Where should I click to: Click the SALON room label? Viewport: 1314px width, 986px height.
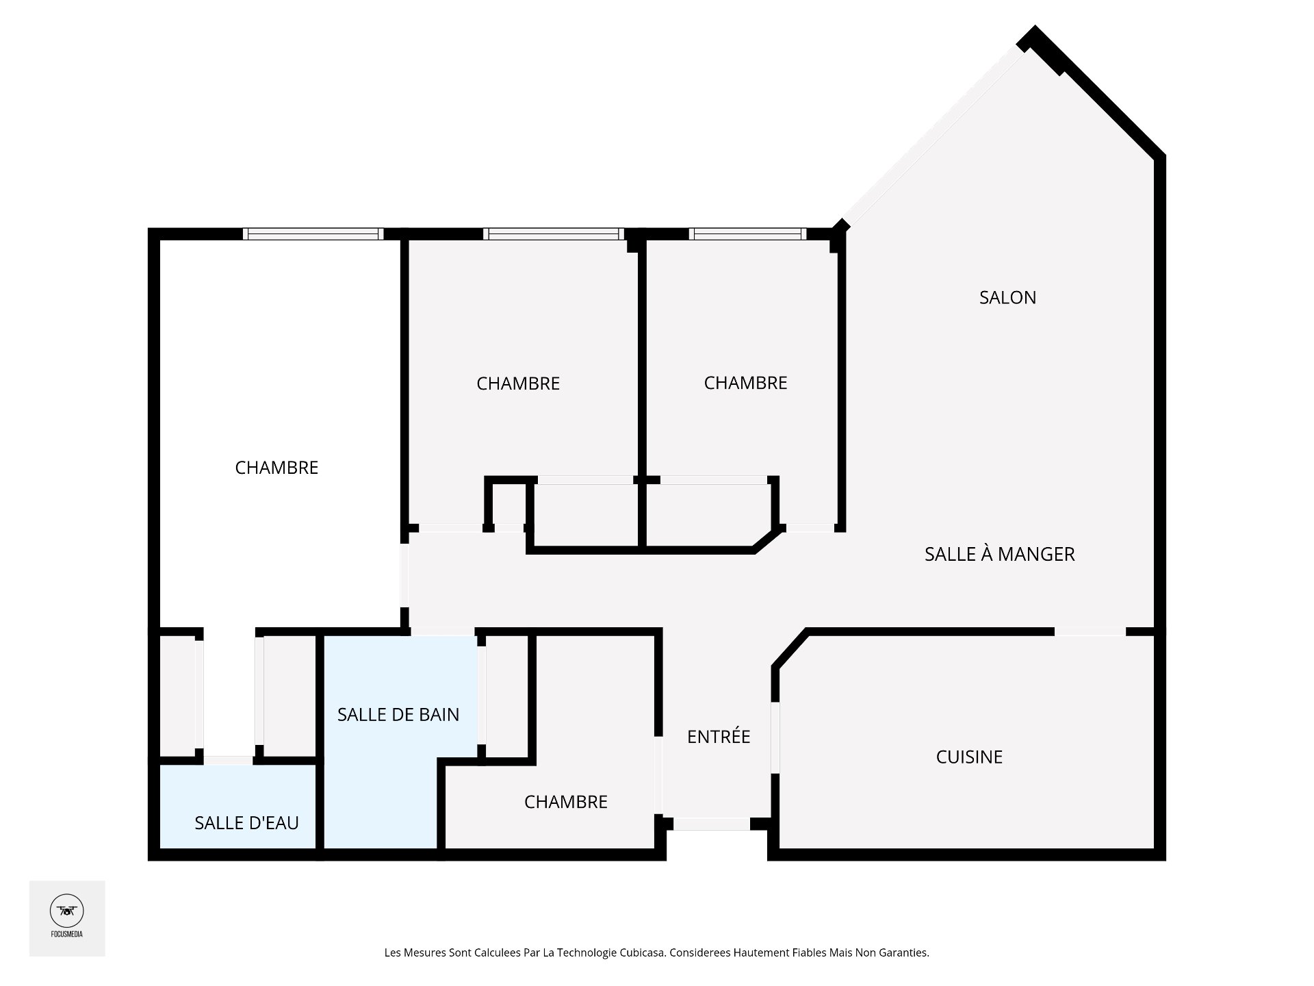tap(1007, 297)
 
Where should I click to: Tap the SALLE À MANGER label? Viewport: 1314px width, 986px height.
tap(999, 553)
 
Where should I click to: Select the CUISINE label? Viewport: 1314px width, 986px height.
tap(969, 757)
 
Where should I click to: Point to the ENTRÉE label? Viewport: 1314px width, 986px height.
tap(719, 736)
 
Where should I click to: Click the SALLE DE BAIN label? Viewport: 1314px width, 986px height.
tap(398, 714)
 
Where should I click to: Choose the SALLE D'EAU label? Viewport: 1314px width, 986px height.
tap(246, 822)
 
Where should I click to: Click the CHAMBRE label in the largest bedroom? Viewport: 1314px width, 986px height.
tap(276, 468)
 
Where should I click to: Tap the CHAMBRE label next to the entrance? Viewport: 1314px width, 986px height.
tap(566, 802)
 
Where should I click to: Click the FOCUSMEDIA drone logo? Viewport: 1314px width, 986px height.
tap(67, 911)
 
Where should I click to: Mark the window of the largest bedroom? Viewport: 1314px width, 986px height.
tap(313, 233)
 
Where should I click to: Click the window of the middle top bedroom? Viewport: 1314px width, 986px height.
tap(554, 233)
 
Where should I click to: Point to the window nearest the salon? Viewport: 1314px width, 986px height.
tap(747, 233)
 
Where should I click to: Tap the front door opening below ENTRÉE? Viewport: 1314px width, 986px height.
tap(712, 824)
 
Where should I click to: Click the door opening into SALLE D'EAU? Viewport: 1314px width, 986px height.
tap(229, 760)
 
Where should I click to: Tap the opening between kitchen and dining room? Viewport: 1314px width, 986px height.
tap(1090, 631)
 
